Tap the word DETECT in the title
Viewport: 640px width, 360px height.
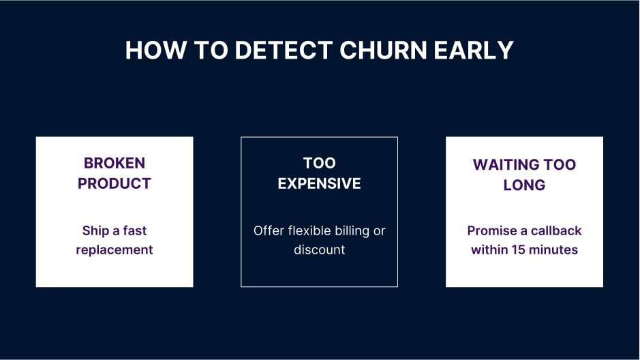point(280,51)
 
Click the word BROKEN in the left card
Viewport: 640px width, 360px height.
point(115,163)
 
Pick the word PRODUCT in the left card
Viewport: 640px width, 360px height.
point(115,183)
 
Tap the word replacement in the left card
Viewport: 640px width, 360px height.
point(115,250)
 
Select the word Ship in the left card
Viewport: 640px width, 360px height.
point(94,230)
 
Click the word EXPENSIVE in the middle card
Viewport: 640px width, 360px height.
point(319,183)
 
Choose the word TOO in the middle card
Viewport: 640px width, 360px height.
point(319,163)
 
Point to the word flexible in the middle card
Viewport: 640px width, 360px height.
point(311,230)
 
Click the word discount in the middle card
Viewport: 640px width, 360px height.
point(319,250)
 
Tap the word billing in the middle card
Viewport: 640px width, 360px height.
point(354,230)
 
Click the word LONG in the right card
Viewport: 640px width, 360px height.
point(524,185)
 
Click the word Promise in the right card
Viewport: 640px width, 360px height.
point(491,230)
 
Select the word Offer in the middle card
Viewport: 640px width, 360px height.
point(268,230)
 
